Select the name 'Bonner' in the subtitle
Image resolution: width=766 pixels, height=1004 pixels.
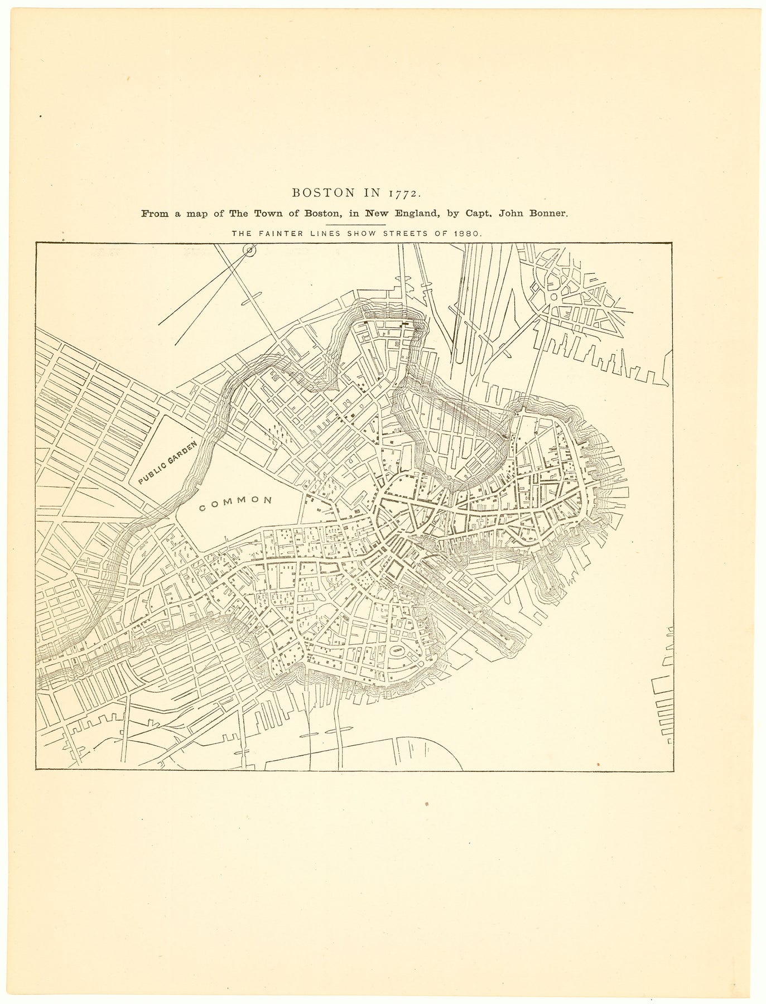pyautogui.click(x=548, y=213)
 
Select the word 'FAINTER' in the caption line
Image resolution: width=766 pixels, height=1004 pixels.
pyautogui.click(x=277, y=234)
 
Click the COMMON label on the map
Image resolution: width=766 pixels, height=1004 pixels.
pyautogui.click(x=235, y=500)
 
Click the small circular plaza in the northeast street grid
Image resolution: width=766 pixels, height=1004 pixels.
pyautogui.click(x=553, y=297)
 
